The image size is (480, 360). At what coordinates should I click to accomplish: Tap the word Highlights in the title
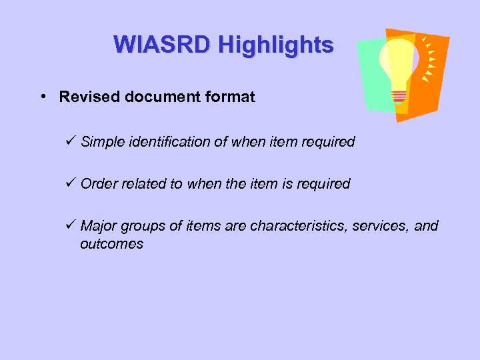click(x=275, y=45)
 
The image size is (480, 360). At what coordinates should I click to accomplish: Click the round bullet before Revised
click(x=43, y=97)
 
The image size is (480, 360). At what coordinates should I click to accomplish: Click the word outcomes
click(x=111, y=244)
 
